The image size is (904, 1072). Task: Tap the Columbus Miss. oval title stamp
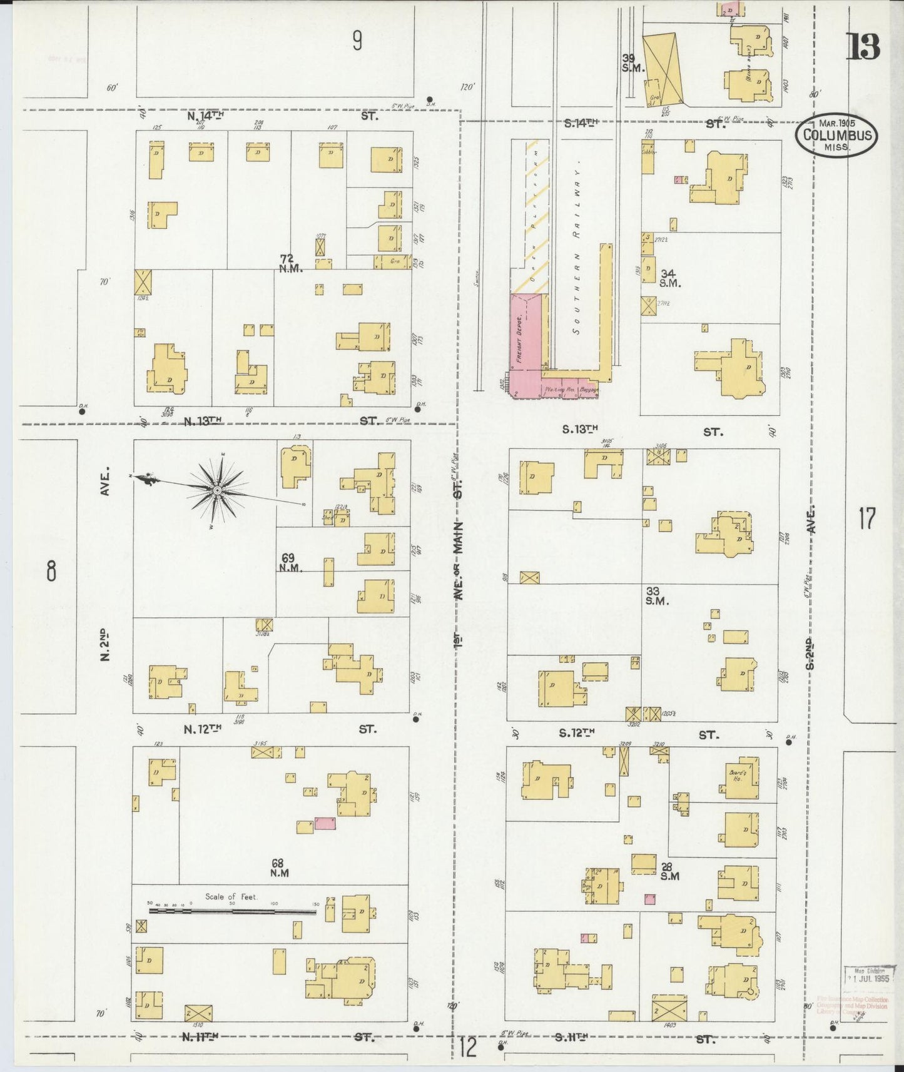pos(836,135)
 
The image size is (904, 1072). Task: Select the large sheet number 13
pos(863,47)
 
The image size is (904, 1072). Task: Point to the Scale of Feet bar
pos(231,911)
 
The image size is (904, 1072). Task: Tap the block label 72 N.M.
pos(291,263)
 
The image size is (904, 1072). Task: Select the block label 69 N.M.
pos(291,562)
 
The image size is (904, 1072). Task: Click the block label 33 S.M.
pos(657,595)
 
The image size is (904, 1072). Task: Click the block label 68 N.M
pos(279,868)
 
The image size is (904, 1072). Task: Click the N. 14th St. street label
pos(205,116)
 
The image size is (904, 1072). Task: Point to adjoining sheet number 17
pos(866,518)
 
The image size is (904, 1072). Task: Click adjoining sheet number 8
pos(51,570)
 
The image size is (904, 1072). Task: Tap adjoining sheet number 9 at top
pos(357,41)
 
